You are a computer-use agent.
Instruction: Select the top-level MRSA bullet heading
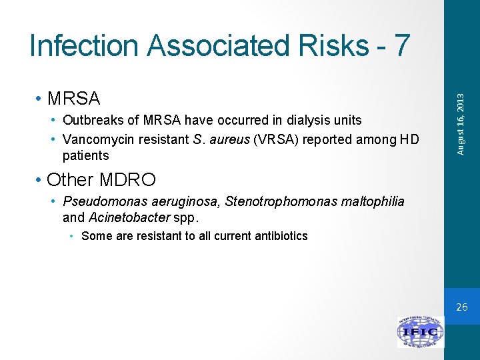pos(73,99)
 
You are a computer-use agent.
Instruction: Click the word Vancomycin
pos(95,139)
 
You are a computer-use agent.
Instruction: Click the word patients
pos(85,156)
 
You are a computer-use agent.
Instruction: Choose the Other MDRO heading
pos(101,180)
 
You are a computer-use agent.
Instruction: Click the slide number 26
pos(462,307)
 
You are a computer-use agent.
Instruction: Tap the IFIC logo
pos(420,332)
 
